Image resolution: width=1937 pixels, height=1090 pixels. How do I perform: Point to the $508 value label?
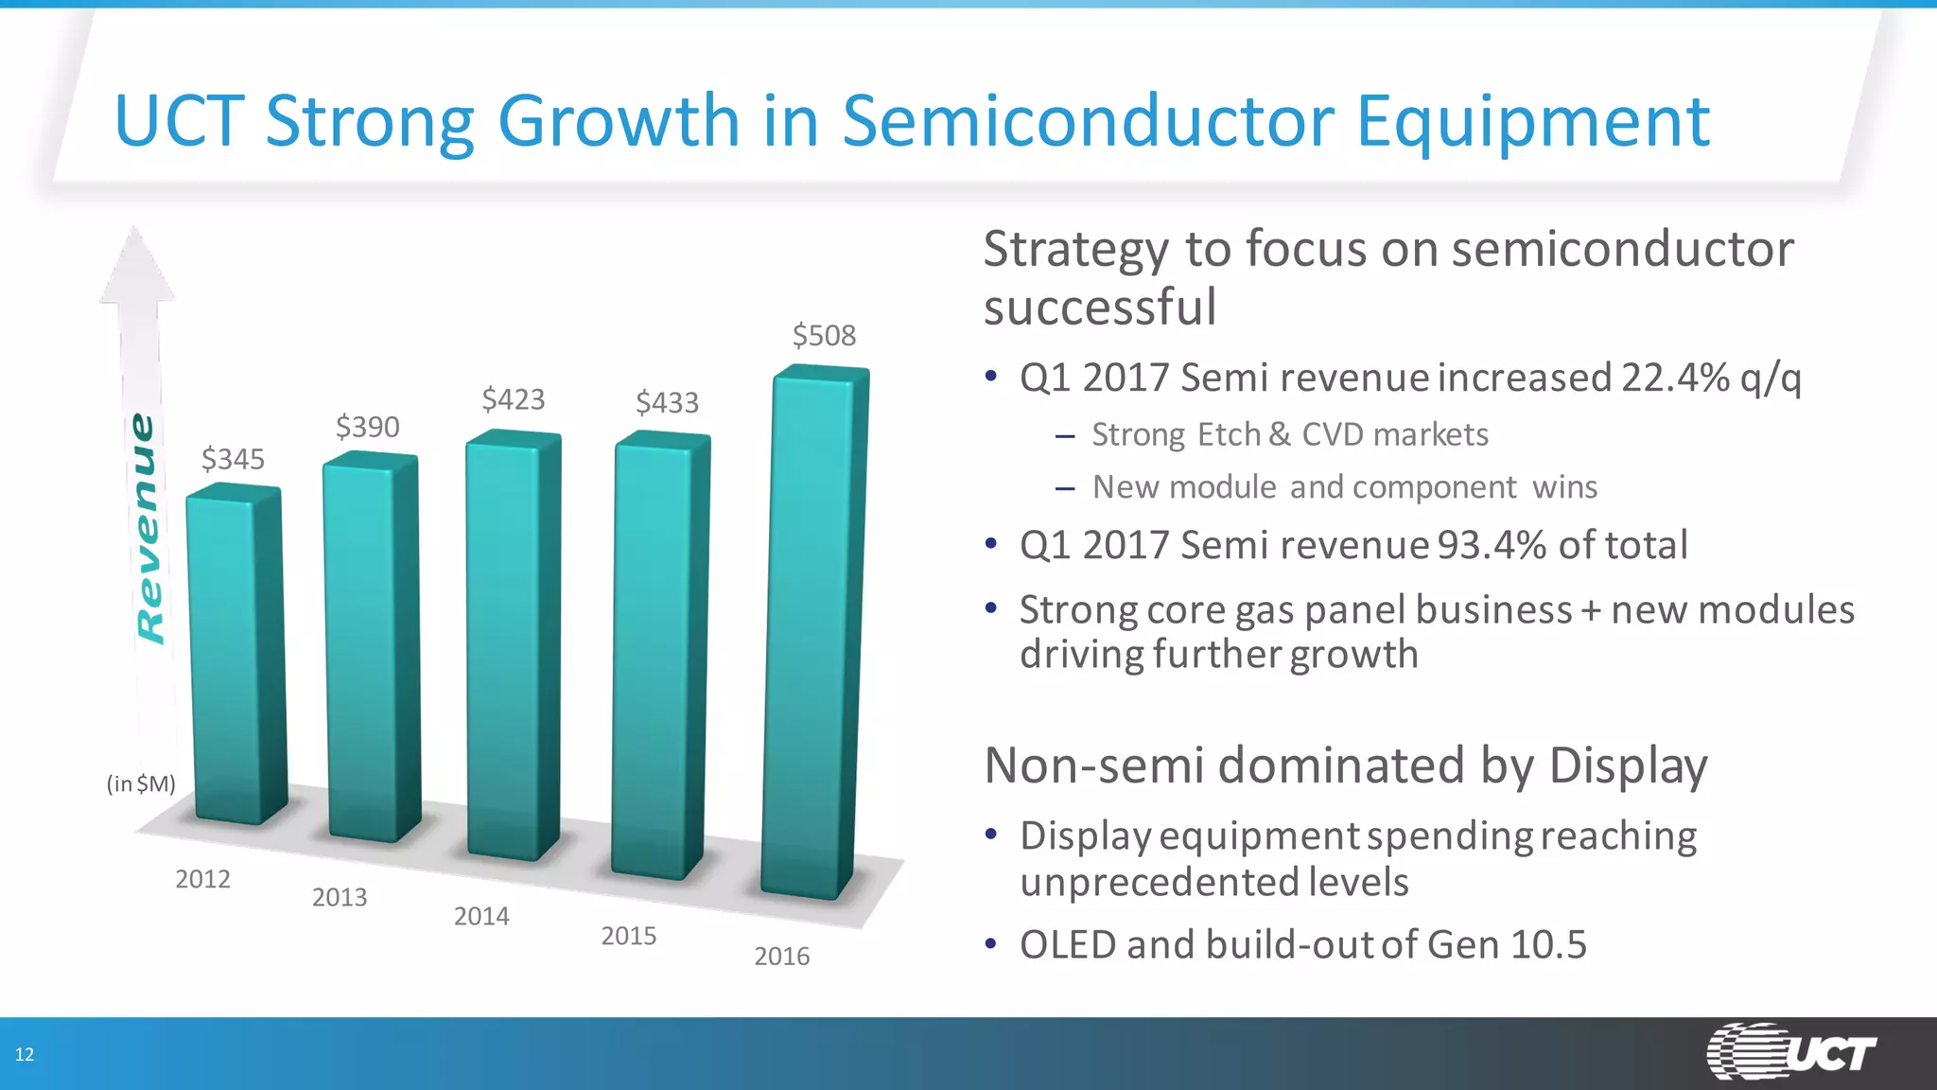(x=824, y=335)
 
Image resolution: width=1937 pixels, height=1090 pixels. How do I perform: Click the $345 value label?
(x=233, y=459)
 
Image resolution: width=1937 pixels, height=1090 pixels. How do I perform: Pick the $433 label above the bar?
(x=667, y=402)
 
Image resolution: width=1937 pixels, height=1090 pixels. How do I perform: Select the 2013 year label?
(x=340, y=897)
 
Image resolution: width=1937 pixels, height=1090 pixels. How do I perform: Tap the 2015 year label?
(x=628, y=936)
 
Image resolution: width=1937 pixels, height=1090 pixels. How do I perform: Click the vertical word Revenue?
(x=148, y=530)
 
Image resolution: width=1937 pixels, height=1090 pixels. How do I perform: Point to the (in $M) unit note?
(x=141, y=783)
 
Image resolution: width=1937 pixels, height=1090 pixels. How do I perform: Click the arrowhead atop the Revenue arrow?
(x=137, y=265)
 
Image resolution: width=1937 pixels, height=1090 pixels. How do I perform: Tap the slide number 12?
(x=25, y=1054)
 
